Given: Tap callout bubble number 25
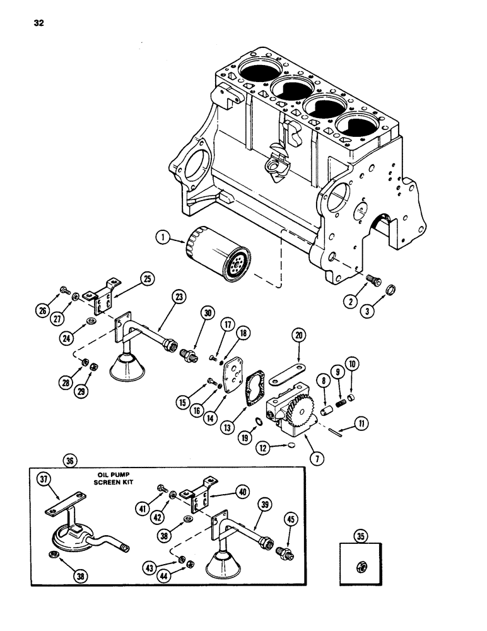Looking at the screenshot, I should [147, 278].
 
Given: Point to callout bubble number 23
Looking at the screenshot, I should [179, 297].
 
